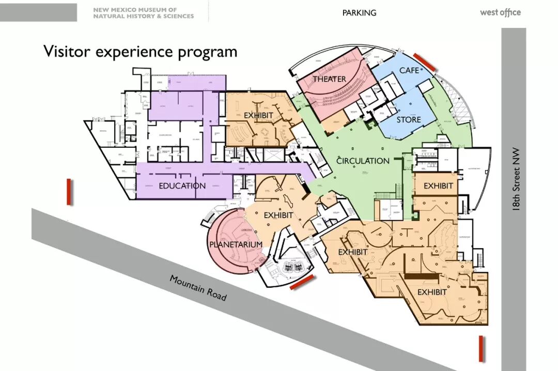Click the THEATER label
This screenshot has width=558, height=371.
click(x=329, y=79)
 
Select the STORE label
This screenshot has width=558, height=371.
click(x=409, y=120)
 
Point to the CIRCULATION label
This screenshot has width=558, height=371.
click(x=363, y=161)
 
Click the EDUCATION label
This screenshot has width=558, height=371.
click(x=182, y=186)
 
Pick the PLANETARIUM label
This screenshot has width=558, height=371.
click(x=236, y=244)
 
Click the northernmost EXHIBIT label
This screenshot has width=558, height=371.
click(x=258, y=115)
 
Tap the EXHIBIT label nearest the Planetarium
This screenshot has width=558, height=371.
click(x=278, y=215)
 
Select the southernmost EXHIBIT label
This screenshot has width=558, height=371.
click(x=432, y=292)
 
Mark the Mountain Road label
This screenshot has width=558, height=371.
click(x=198, y=287)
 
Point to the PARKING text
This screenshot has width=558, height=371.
click(x=359, y=12)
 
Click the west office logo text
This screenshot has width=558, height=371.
click(x=500, y=12)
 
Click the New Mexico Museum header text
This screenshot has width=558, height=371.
click(x=143, y=13)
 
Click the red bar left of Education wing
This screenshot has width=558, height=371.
click(x=69, y=192)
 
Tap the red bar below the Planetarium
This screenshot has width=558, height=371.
click(x=302, y=282)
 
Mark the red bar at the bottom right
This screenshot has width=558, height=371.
click(x=481, y=348)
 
